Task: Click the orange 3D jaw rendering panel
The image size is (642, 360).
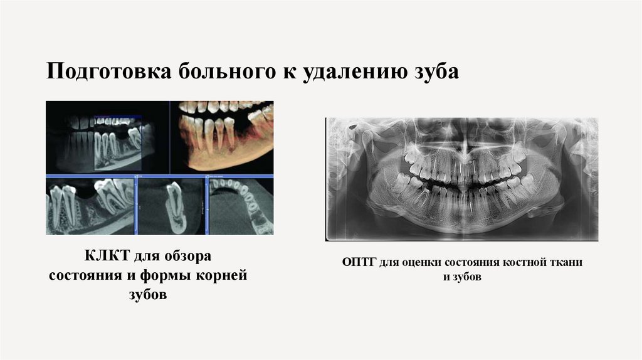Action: coord(222,136)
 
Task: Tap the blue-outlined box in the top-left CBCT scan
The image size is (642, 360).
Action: coord(117,143)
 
